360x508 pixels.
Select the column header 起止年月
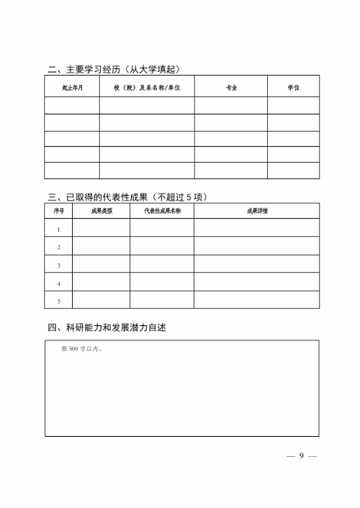click(x=72, y=88)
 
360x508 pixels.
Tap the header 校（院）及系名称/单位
click(x=147, y=88)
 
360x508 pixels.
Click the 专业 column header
click(x=231, y=88)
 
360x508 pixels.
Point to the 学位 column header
click(x=293, y=88)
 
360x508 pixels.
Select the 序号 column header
click(x=58, y=211)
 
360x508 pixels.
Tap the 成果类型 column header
click(x=102, y=211)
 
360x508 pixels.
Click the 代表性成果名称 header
click(x=161, y=211)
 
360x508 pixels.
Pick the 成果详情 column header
click(x=256, y=211)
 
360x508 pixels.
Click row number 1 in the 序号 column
click(x=58, y=230)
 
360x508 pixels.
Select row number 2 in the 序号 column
click(x=58, y=248)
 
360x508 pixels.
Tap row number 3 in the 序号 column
click(x=58, y=266)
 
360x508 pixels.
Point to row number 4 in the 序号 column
click(x=58, y=284)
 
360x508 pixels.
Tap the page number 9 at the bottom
click(x=302, y=456)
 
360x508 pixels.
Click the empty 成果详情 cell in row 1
click(x=256, y=229)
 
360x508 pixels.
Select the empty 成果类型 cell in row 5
click(x=102, y=300)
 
